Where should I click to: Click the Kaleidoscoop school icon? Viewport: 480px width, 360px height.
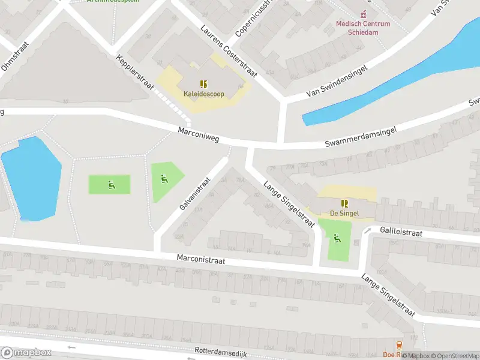[203, 84]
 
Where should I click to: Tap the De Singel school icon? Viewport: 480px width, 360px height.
[344, 203]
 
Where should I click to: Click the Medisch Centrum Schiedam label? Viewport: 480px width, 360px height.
[362, 28]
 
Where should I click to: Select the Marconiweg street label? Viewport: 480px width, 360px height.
[199, 134]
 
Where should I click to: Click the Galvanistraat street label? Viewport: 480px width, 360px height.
[195, 193]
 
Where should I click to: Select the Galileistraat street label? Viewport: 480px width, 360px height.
[401, 232]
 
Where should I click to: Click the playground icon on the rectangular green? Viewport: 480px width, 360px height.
[111, 184]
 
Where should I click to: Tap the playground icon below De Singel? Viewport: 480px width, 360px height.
[337, 238]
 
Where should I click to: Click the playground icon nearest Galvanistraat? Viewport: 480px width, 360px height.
[164, 178]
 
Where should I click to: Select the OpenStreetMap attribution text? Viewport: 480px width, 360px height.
[455, 356]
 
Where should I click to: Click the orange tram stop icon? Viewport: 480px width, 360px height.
[400, 345]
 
